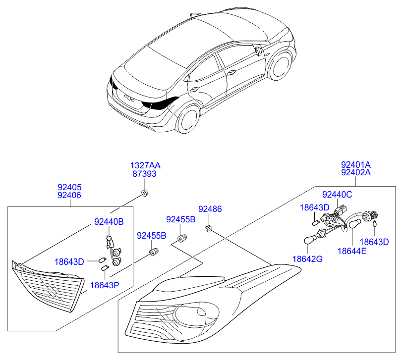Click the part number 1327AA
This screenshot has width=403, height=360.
point(145,165)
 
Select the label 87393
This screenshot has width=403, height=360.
point(144,174)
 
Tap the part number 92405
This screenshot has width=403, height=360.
point(69,187)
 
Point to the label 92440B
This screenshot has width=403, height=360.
point(109,222)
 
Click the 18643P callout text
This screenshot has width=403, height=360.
point(105,285)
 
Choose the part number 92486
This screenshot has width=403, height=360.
point(210,209)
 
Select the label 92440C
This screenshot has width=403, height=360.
point(337,195)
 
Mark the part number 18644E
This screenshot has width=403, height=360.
point(352,251)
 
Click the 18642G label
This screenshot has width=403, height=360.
point(307,259)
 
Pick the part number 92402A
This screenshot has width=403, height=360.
point(356,172)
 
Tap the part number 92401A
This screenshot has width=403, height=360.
point(356,164)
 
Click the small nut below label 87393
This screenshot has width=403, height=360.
point(145,193)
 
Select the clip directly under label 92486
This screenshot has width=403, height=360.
point(209,228)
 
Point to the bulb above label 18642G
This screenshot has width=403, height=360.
point(309,240)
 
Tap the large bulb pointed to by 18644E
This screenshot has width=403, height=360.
point(355,224)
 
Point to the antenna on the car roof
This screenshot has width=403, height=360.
point(195,15)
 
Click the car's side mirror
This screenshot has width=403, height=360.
point(258,51)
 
